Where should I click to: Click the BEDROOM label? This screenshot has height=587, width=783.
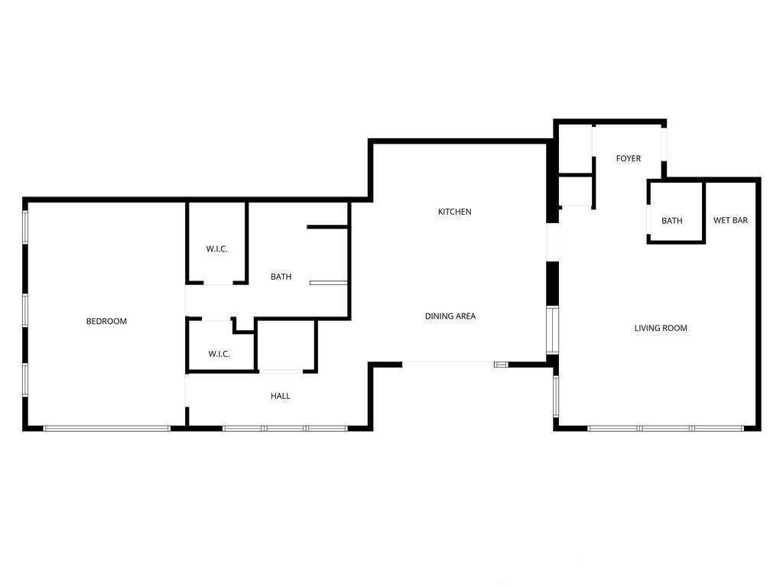pos(106,322)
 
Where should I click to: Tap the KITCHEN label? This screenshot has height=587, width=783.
pos(454,212)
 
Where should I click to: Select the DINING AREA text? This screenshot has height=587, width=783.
pos(450,316)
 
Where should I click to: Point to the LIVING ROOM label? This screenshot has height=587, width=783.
pos(661,328)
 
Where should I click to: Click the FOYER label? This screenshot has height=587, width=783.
pos(629,158)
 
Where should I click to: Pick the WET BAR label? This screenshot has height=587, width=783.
pos(730,220)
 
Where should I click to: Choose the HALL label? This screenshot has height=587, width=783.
pos(280,396)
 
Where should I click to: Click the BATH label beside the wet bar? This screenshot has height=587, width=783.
pos(671,221)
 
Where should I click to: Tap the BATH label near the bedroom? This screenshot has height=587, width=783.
pos(281,277)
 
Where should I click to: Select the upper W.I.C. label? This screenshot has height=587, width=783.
pos(216,248)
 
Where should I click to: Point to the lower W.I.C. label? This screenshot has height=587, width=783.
pos(219,354)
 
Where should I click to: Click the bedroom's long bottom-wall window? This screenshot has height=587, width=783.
pos(107,428)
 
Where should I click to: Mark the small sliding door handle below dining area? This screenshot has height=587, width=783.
pos(500,365)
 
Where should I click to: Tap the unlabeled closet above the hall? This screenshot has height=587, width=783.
pos(286,345)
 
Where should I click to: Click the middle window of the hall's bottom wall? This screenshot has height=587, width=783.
pos(284,428)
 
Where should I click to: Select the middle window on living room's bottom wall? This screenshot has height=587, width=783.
pos(665,428)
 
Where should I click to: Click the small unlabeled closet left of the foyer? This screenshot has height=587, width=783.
pos(575,190)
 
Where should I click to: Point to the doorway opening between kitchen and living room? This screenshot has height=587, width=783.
pos(552,242)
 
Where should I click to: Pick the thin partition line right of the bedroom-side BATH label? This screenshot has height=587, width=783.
pos(328,283)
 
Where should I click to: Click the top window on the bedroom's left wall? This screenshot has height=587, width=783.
pos(25,228)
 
